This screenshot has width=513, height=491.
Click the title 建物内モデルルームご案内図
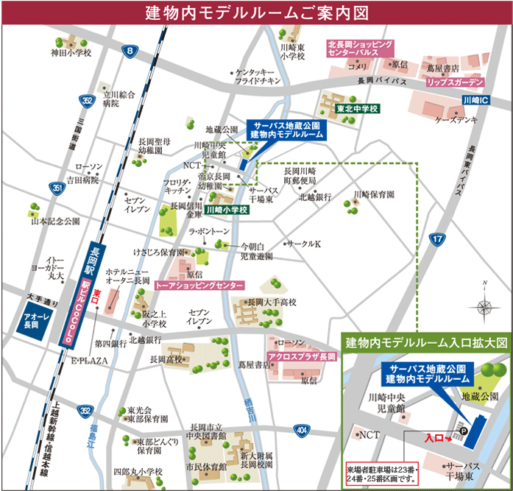click(x=256, y=13)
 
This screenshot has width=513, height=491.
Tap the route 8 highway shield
click(x=130, y=51)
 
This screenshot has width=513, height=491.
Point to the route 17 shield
click(x=437, y=239)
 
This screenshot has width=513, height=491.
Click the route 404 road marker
click(x=302, y=429)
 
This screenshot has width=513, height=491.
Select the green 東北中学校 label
click(x=357, y=109)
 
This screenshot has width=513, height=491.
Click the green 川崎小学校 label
click(x=227, y=210)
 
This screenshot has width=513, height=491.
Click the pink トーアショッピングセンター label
click(x=199, y=284)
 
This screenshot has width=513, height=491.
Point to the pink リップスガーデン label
click(x=456, y=82)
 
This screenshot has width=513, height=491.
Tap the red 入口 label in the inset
click(x=436, y=438)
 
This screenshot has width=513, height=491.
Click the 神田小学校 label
click(x=71, y=53)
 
